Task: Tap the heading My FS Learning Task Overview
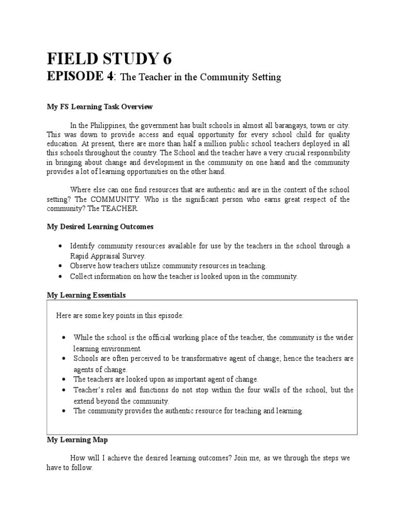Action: (100, 107)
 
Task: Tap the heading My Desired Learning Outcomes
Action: (100, 227)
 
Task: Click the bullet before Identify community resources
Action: (62, 246)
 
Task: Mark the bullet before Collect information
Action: (62, 276)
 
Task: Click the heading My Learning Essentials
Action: (86, 295)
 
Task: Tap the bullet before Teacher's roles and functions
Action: (63, 390)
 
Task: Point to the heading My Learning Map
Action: (77, 439)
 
